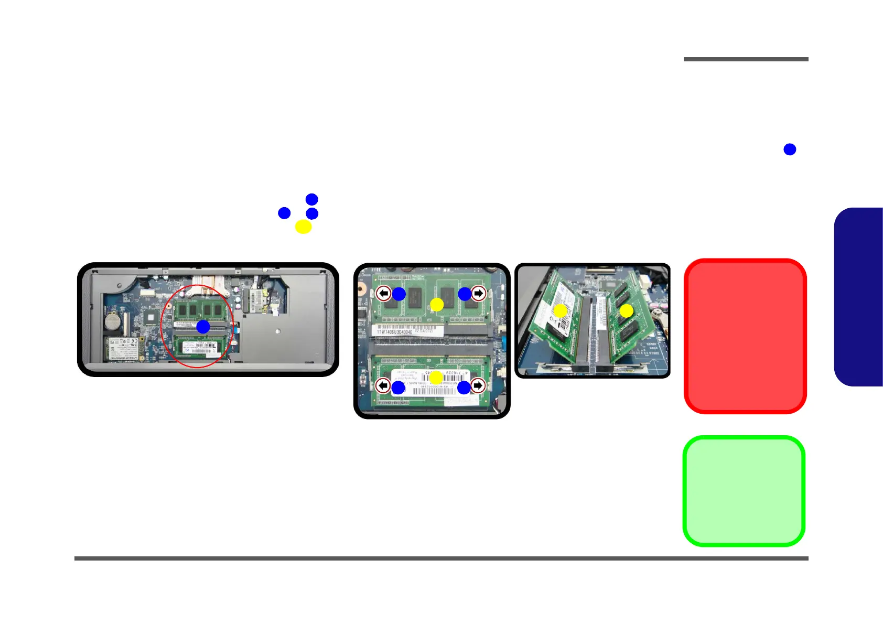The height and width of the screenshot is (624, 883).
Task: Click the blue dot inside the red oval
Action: (x=203, y=327)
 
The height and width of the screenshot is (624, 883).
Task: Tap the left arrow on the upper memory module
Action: (x=384, y=293)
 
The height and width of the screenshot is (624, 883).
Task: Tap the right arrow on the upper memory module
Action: (x=478, y=293)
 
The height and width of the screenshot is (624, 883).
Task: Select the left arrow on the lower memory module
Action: (x=383, y=386)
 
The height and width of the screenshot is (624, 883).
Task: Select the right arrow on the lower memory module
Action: (x=478, y=386)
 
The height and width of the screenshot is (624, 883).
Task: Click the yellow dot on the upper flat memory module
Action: (x=437, y=304)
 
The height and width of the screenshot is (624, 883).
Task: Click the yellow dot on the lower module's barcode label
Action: (x=436, y=377)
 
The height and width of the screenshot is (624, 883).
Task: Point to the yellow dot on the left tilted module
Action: (x=560, y=310)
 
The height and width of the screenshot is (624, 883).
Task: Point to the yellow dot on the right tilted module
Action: (x=626, y=311)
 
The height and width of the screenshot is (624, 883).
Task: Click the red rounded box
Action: (x=745, y=336)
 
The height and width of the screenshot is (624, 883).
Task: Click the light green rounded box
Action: (x=744, y=491)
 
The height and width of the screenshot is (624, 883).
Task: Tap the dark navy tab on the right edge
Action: (x=860, y=297)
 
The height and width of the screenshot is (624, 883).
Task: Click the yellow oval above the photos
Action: (x=303, y=227)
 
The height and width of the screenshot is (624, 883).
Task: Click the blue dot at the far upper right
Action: (x=790, y=149)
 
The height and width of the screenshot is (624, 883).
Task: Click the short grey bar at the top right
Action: (x=746, y=59)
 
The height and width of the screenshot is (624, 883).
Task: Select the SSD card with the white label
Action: (x=124, y=348)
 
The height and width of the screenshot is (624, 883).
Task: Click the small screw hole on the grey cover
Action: (x=277, y=331)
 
